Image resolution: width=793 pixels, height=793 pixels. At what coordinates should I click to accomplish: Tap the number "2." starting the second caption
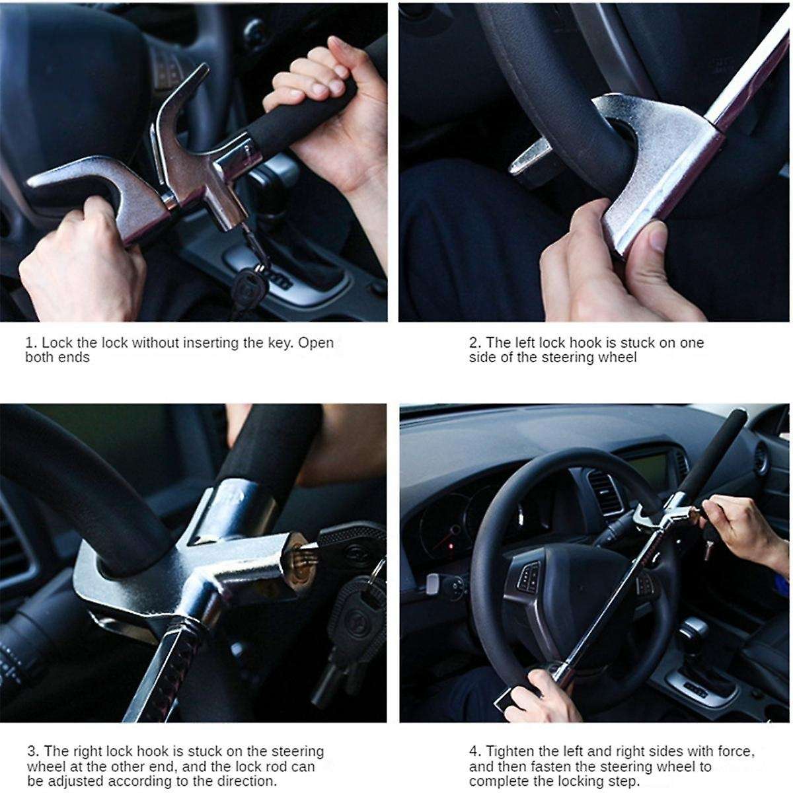[x=475, y=343]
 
